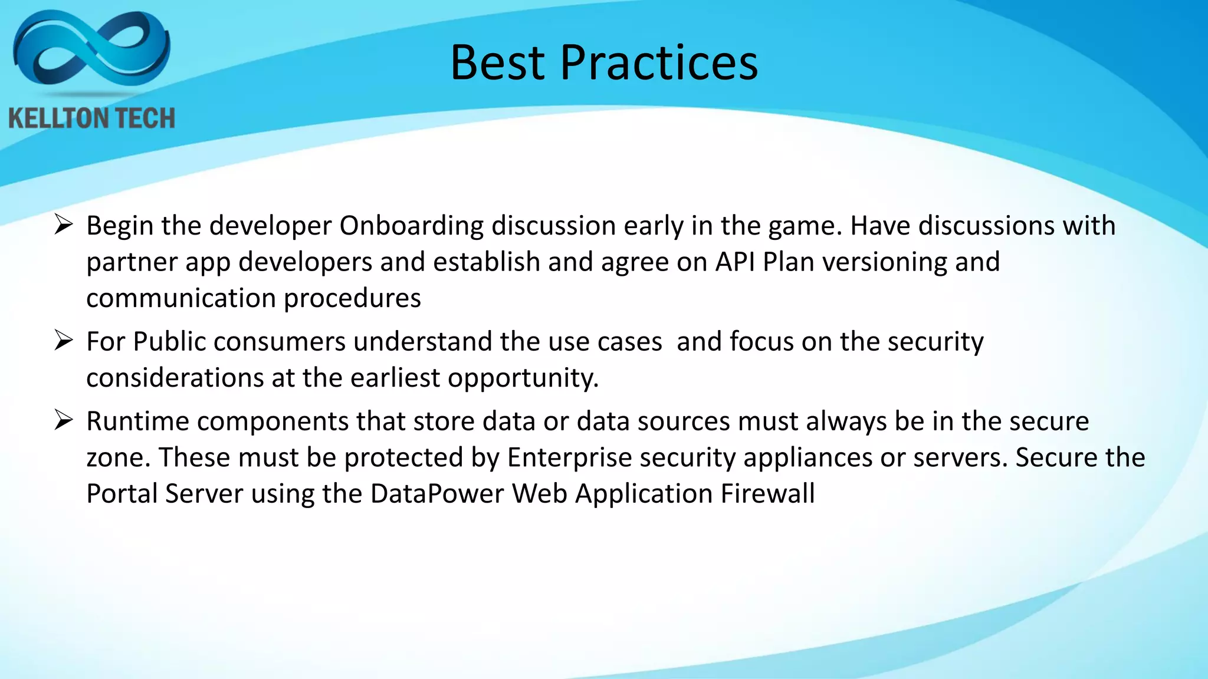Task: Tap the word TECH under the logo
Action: (x=144, y=118)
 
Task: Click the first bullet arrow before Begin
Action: (x=63, y=225)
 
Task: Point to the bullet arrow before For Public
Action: (x=63, y=341)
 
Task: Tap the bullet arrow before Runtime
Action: (x=63, y=420)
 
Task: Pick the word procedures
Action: (x=352, y=299)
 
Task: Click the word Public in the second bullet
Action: (x=169, y=342)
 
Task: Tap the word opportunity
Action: (x=523, y=378)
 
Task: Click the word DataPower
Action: (x=436, y=493)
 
